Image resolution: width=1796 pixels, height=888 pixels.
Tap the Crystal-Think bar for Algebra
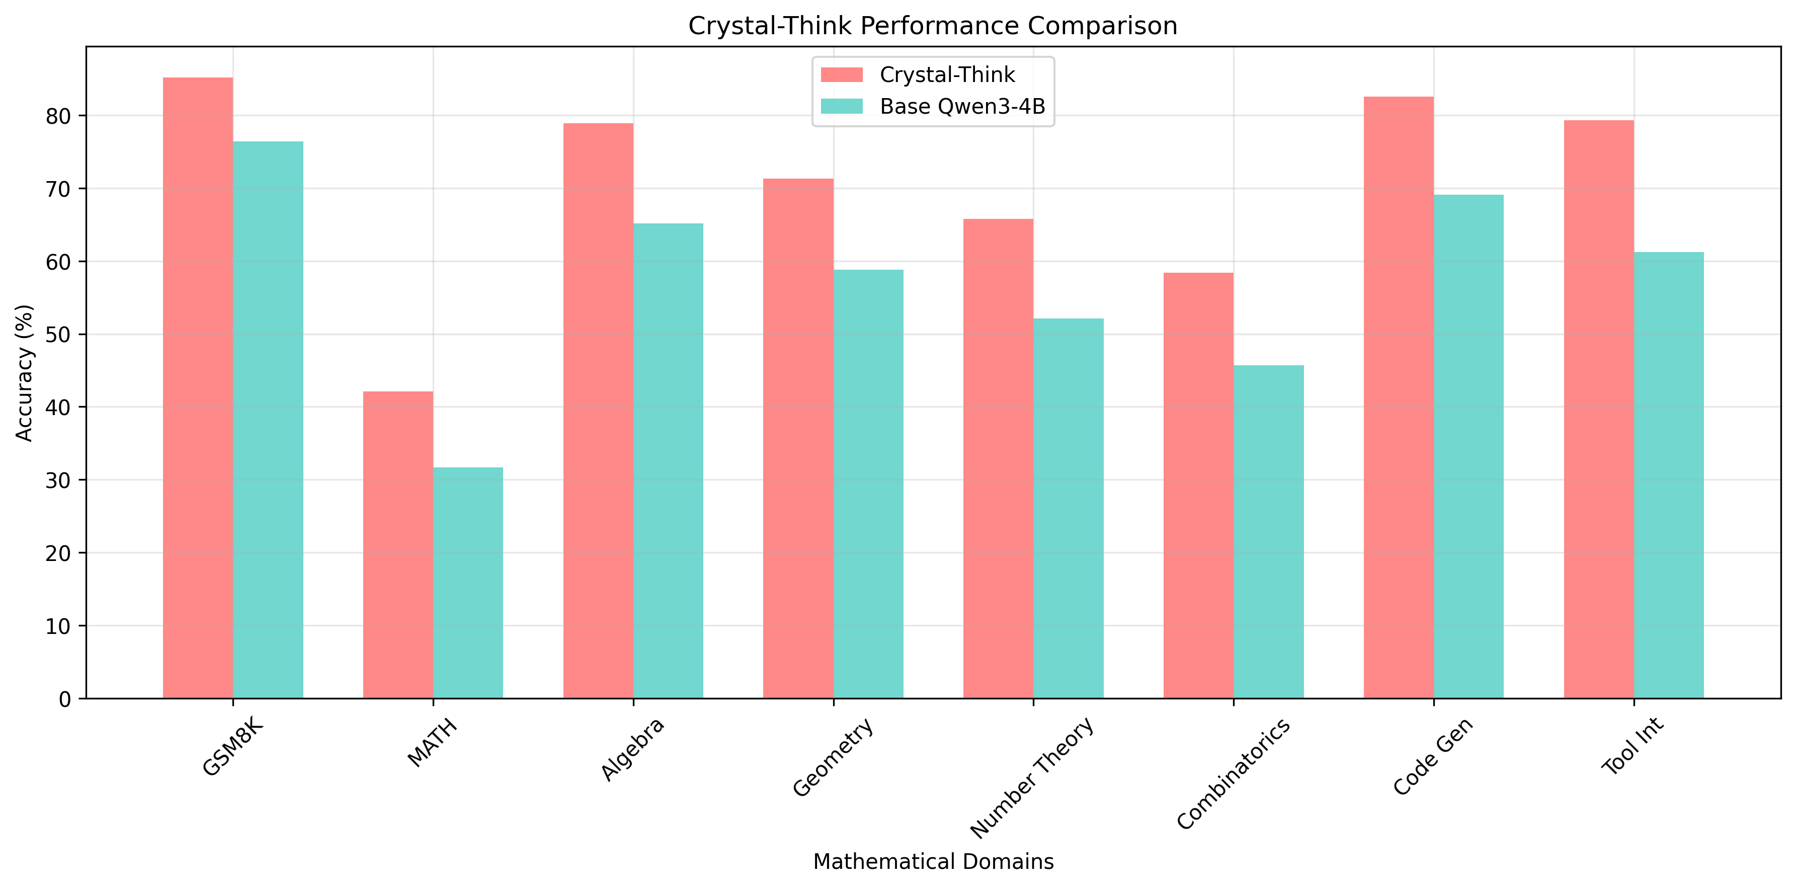click(598, 411)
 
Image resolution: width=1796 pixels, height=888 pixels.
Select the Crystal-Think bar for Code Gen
click(1399, 397)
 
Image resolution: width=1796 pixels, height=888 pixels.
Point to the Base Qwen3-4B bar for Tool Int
click(1668, 475)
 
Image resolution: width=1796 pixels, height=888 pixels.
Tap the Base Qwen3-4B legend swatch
click(842, 106)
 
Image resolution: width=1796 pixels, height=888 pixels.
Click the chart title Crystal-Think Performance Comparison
click(932, 26)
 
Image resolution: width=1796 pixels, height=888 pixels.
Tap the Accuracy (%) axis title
click(25, 372)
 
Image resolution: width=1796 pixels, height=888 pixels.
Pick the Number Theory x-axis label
click(1032, 777)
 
